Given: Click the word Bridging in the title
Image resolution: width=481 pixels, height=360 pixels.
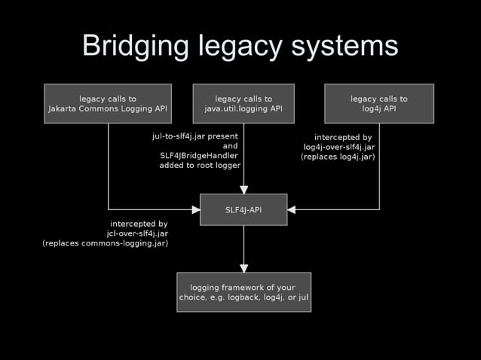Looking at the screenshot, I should tap(136, 46).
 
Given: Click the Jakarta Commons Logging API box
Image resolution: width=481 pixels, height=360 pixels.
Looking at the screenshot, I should tap(108, 103).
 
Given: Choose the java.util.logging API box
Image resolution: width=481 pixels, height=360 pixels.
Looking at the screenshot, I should tap(244, 103).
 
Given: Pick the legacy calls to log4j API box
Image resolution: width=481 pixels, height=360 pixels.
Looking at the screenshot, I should tap(378, 103).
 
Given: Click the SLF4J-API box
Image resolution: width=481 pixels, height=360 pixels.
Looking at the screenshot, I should tap(244, 209).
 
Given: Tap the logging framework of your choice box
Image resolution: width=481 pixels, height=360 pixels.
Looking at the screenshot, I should tap(244, 291).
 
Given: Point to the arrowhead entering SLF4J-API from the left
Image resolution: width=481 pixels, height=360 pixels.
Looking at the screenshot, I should tap(195, 209).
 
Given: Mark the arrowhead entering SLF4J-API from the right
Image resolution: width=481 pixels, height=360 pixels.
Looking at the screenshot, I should tap(292, 209).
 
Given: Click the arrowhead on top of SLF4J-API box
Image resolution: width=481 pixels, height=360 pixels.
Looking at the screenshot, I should tap(244, 189).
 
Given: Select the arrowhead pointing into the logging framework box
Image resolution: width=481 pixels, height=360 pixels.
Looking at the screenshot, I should tap(244, 267).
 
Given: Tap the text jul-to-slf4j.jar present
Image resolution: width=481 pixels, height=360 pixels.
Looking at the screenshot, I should tap(195, 136).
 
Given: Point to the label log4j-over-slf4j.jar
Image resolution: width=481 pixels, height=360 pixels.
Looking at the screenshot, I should tap(339, 147).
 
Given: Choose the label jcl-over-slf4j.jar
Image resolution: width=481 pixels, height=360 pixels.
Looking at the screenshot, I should tap(137, 233).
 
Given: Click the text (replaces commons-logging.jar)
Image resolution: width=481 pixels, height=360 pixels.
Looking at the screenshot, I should tap(106, 243).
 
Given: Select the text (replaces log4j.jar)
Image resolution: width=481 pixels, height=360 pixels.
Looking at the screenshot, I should tap(338, 157).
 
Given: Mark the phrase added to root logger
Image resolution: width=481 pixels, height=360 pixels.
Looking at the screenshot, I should tap(200, 165).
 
